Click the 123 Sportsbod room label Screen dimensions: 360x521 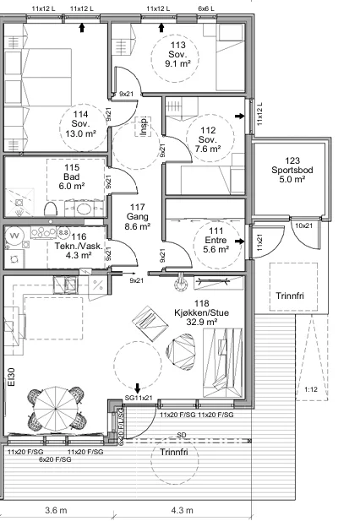[x=292, y=170]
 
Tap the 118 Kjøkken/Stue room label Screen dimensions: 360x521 [x=201, y=312]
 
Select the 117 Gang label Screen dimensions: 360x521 [x=137, y=217]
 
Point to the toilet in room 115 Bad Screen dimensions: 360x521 [x=51, y=209]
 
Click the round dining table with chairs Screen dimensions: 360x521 [x=56, y=409]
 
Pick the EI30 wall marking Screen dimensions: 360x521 [x=11, y=377]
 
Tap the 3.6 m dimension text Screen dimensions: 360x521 [x=56, y=510]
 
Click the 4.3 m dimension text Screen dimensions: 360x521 [x=182, y=510]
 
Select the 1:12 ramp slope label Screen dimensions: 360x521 [x=311, y=389]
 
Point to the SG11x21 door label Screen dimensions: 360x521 [x=139, y=398]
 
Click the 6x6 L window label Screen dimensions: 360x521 [x=206, y=8]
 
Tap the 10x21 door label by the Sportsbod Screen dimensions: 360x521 [x=304, y=225]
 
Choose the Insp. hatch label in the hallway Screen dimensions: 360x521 [x=144, y=127]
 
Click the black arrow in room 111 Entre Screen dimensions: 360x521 [x=239, y=241]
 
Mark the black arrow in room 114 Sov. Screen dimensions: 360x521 [x=82, y=28]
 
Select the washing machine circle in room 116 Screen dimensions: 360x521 [x=14, y=236]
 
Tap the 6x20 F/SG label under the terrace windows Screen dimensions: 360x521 [x=55, y=459]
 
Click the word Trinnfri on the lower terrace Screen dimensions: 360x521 [x=174, y=452]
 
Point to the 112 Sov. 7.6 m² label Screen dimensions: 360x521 [x=208, y=139]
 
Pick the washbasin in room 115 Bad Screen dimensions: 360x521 [x=82, y=209]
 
